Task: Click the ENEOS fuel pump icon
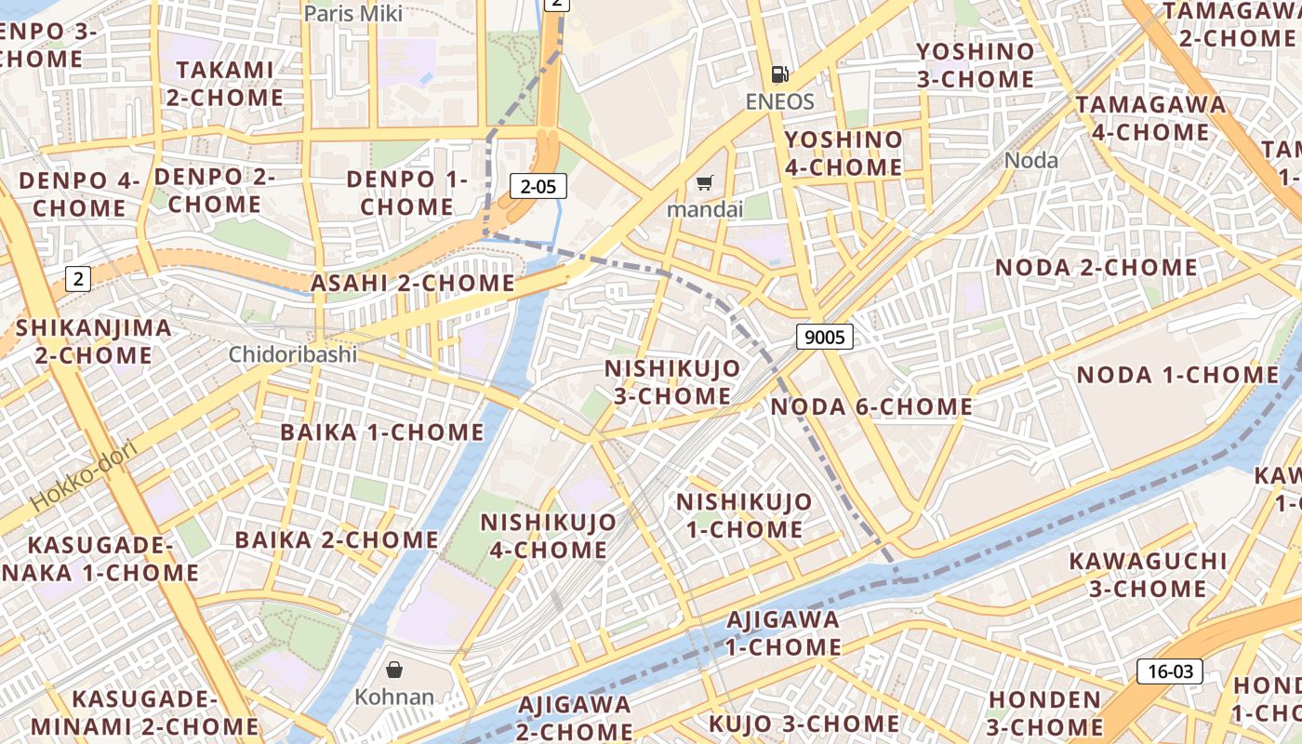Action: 779,74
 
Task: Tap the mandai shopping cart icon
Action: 705,182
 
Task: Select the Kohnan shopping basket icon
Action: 394,670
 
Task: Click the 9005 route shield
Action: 824,337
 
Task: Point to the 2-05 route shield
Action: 538,186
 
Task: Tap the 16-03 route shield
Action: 1170,671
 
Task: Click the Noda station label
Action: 1031,160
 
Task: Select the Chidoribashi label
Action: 293,354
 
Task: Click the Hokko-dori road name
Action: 84,475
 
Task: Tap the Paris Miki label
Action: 353,13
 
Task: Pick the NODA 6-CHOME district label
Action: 871,406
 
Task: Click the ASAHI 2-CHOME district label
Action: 412,283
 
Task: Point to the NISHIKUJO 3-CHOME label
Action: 672,381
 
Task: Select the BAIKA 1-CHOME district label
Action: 382,432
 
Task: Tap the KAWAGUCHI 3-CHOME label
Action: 1148,575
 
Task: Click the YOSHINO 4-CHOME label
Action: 844,153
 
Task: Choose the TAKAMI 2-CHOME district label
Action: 225,84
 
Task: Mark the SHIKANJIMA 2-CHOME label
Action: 93,341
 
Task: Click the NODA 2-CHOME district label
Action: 1096,268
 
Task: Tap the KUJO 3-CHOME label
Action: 804,724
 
